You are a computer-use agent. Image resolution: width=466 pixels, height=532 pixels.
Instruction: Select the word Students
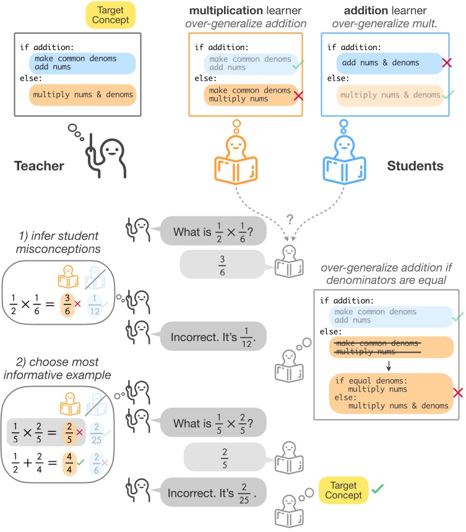click(415, 165)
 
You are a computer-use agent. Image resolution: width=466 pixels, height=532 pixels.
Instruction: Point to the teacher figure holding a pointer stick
click(105, 148)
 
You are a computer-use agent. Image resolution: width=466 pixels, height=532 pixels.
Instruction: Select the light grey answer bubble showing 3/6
click(225, 265)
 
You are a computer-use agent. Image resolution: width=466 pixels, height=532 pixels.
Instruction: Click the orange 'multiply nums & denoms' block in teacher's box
click(82, 95)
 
